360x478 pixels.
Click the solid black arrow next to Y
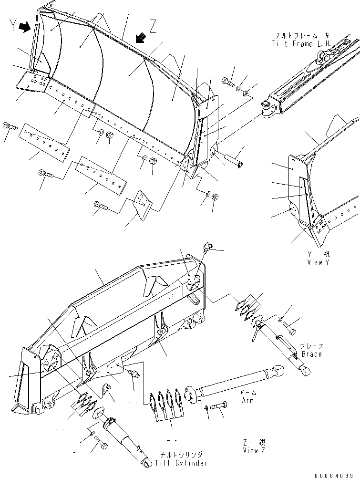point(22,29)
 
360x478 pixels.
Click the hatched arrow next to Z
point(140,37)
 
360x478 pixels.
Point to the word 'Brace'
point(311,354)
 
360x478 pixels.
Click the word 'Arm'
point(247,401)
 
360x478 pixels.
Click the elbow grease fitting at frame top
point(206,247)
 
